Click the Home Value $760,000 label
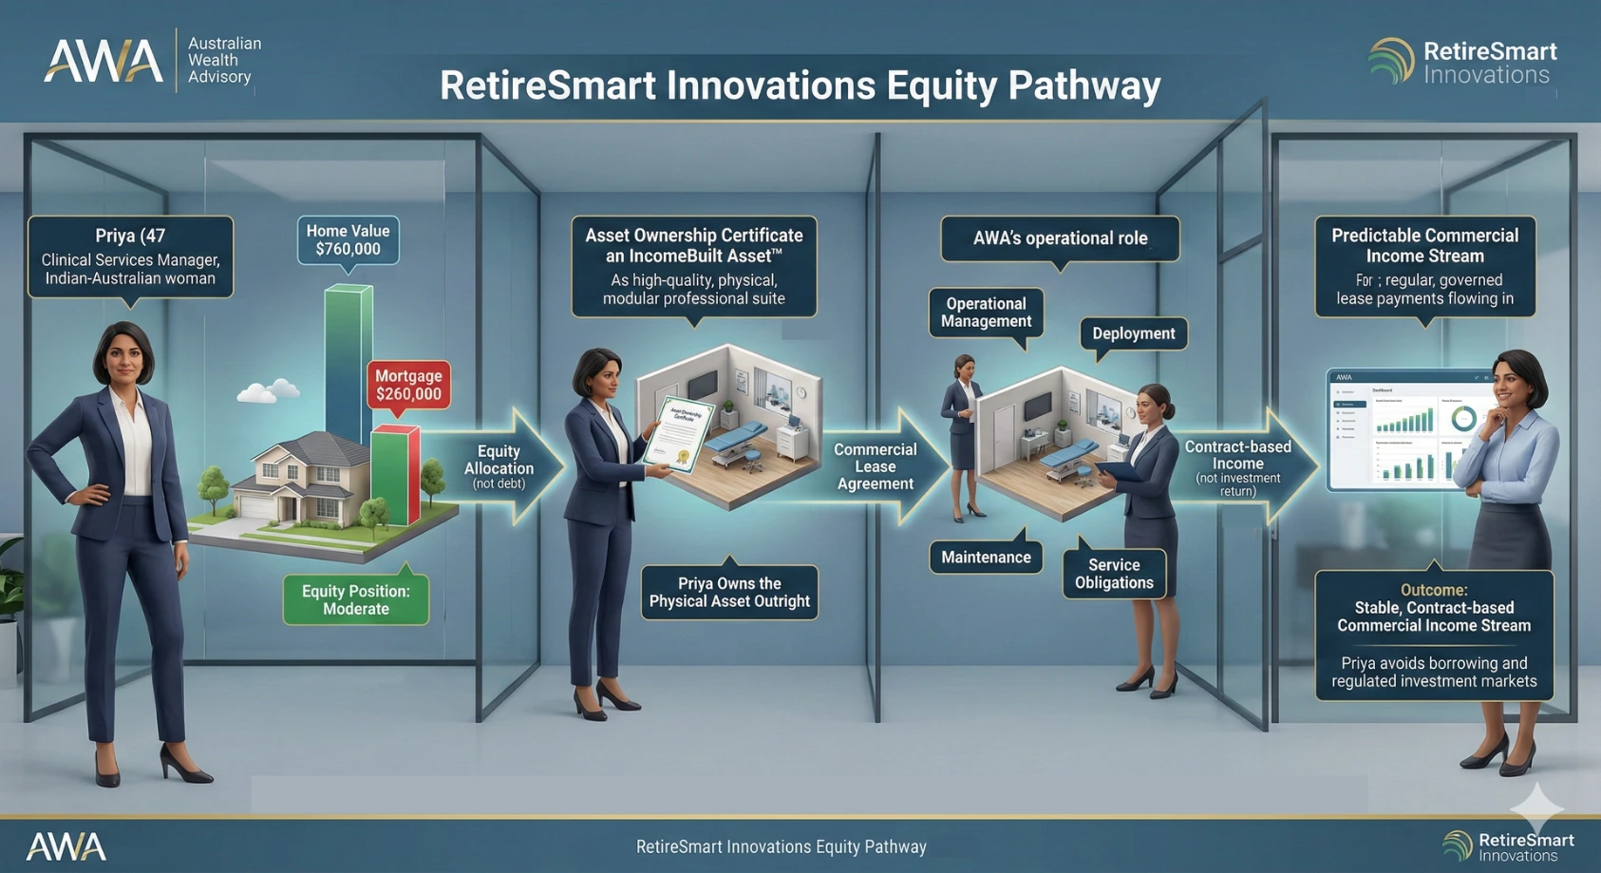(x=348, y=240)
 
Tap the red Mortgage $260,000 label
(x=407, y=386)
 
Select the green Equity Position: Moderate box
(x=356, y=600)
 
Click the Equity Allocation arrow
(x=500, y=465)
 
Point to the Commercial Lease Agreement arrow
(x=876, y=465)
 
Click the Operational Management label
(x=986, y=313)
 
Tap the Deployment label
(x=1133, y=333)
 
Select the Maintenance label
(x=986, y=558)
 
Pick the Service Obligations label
(x=1114, y=574)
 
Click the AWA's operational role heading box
(x=1060, y=238)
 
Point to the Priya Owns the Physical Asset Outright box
(x=729, y=593)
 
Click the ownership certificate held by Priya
(x=679, y=432)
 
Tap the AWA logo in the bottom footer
(x=66, y=846)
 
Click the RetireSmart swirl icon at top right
(x=1391, y=61)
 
